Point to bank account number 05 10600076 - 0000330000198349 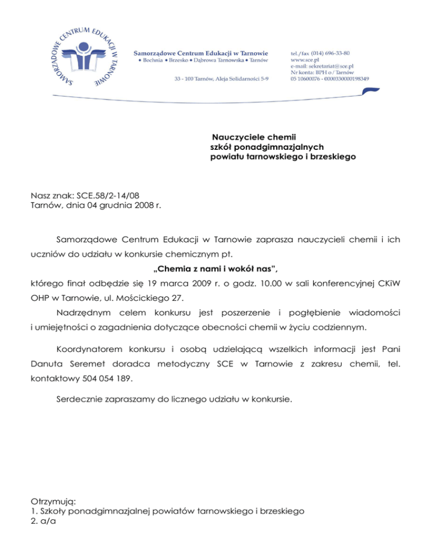[x=329, y=79]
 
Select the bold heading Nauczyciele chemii [x=253, y=136]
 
